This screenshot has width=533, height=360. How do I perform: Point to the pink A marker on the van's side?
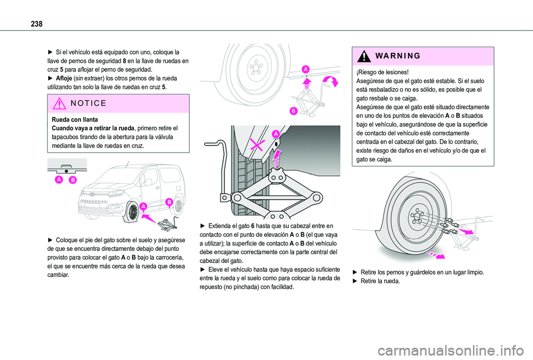coord(143,206)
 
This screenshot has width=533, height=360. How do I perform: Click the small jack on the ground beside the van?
coord(167,224)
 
